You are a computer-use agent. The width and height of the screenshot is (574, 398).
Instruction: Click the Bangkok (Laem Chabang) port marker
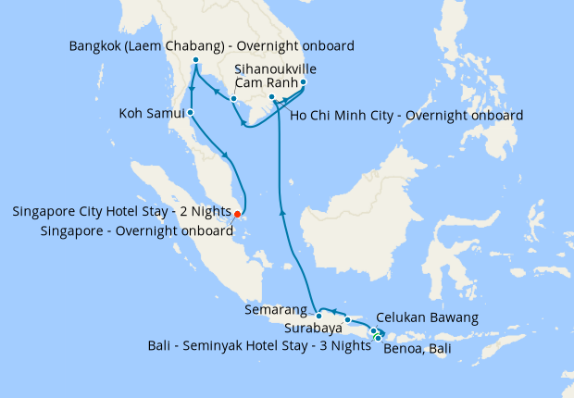(x=196, y=61)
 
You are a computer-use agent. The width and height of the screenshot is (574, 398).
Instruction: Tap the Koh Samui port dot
(x=190, y=113)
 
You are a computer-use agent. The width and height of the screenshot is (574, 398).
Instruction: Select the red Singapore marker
(x=238, y=214)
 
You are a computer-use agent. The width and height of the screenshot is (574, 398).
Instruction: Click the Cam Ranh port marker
(x=304, y=82)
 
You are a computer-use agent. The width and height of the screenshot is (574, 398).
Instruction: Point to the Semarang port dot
(x=318, y=316)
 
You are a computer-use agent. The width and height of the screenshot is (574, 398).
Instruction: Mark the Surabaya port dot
(x=348, y=320)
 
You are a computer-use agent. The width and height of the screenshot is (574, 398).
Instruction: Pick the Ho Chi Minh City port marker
(x=271, y=97)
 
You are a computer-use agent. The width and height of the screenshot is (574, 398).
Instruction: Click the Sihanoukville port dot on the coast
(x=234, y=99)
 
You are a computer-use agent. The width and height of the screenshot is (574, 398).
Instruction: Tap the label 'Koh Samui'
(x=151, y=114)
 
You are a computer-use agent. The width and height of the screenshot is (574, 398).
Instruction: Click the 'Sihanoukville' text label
(x=270, y=68)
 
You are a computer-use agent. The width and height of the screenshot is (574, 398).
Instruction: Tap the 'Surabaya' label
(x=312, y=328)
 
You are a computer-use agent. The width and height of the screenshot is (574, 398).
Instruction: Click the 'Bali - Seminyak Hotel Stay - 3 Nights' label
(x=258, y=345)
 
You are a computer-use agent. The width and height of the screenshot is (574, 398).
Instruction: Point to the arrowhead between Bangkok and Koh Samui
(x=192, y=90)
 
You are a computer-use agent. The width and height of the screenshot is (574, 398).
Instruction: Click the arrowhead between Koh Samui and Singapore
(x=225, y=155)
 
